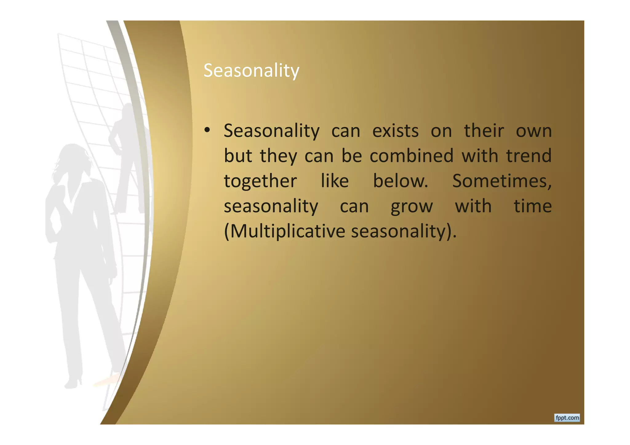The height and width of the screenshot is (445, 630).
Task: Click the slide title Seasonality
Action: pyautogui.click(x=251, y=70)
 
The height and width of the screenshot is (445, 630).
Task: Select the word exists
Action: pyautogui.click(x=395, y=131)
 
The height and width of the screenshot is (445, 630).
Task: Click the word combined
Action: pyautogui.click(x=411, y=156)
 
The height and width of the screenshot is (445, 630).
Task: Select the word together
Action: pyautogui.click(x=260, y=181)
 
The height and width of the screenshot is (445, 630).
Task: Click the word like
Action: pyautogui.click(x=335, y=181)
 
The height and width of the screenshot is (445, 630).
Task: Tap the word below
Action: pyautogui.click(x=400, y=181)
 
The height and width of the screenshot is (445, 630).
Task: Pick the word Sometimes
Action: pyautogui.click(x=501, y=181)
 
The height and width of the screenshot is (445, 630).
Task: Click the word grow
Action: pyautogui.click(x=412, y=207)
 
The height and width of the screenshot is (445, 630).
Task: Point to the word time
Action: pyautogui.click(x=532, y=206)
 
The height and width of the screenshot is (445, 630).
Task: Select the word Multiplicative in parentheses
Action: pyautogui.click(x=287, y=231)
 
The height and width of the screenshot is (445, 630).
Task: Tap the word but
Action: pyautogui.click(x=238, y=156)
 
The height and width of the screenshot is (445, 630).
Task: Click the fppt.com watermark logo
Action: pyautogui.click(x=567, y=418)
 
